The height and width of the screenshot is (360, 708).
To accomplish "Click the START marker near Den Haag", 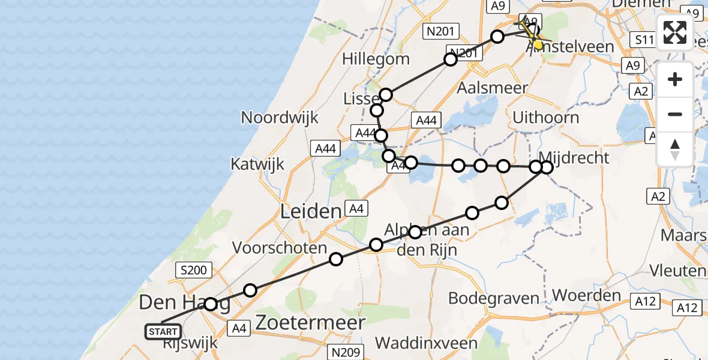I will pyautogui.click(x=163, y=332).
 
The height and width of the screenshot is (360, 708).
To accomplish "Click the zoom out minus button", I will pyautogui.click(x=675, y=114).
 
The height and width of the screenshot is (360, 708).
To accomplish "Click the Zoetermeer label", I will pyautogui.click(x=310, y=323).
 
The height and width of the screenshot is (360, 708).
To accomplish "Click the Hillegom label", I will pyautogui.click(x=376, y=59).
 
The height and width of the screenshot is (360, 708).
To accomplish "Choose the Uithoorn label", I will pyautogui.click(x=545, y=118).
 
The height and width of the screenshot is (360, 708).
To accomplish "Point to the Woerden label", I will pyautogui.click(x=586, y=295).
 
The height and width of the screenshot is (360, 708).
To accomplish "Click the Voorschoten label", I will pyautogui.click(x=280, y=248).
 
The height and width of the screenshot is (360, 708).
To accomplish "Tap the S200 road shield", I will pyautogui.click(x=193, y=271).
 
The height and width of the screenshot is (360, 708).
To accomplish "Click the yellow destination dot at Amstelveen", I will pyautogui.click(x=538, y=44).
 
